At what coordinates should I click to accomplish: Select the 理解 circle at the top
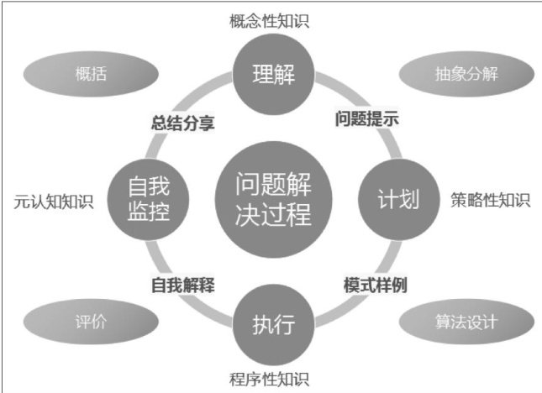click(272, 75)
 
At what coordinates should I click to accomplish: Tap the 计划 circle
click(394, 198)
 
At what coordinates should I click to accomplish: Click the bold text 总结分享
click(183, 123)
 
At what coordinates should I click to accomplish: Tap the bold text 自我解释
click(183, 285)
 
